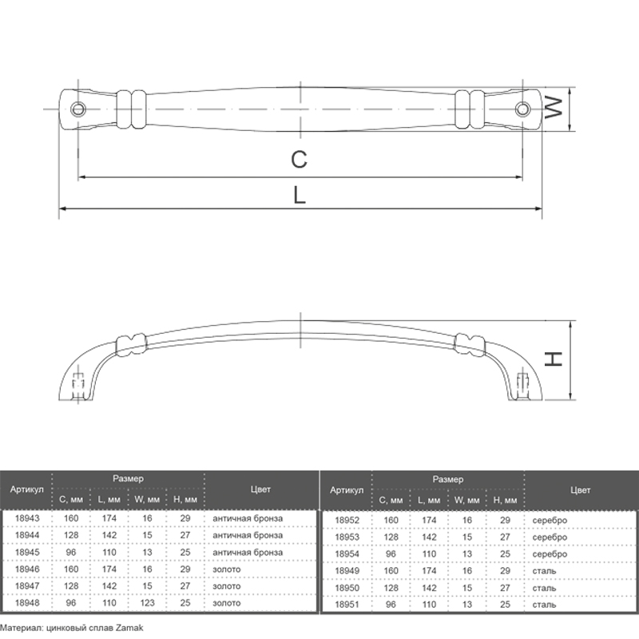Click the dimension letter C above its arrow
click(299, 159)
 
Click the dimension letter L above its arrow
click(300, 195)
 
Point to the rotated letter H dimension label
click(554, 359)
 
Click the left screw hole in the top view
click(77, 109)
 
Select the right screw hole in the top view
click(522, 109)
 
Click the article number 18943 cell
click(27, 518)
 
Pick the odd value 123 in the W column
click(147, 603)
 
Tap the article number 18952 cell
click(347, 520)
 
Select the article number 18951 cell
click(347, 605)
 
